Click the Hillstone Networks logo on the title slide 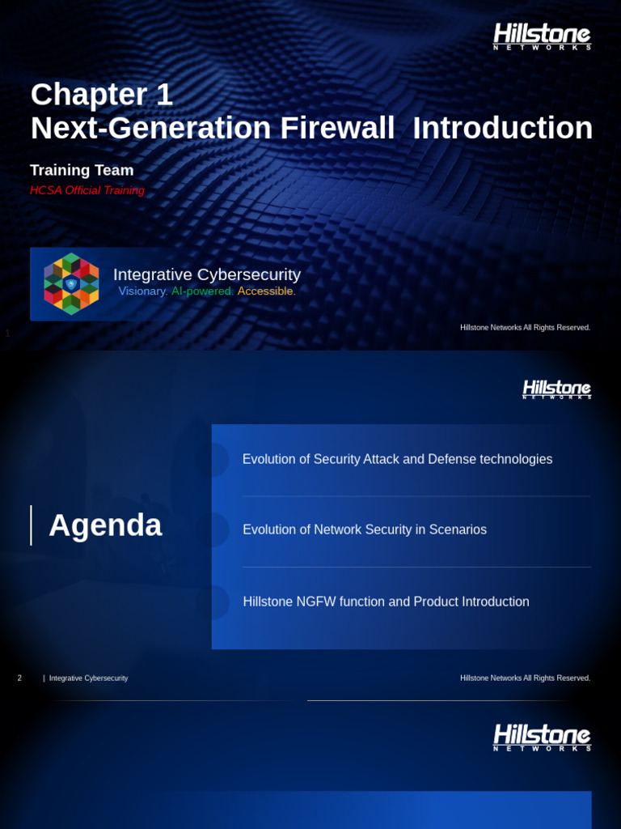click(542, 36)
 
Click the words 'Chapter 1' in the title click(102, 95)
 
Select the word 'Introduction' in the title click(502, 128)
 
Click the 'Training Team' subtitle click(82, 170)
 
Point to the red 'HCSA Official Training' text click(87, 190)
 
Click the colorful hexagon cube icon click(71, 283)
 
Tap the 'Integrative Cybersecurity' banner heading click(207, 274)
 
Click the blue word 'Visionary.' click(143, 291)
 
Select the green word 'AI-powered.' click(202, 291)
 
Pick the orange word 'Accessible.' click(267, 291)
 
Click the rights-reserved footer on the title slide click(525, 327)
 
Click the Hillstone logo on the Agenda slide click(556, 389)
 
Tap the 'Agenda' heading click(105, 525)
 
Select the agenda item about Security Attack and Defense click(397, 459)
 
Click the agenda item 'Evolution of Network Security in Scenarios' click(365, 529)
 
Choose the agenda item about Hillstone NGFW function click(386, 602)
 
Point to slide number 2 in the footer click(19, 678)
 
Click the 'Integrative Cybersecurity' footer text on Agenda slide click(88, 678)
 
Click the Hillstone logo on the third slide click(542, 738)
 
